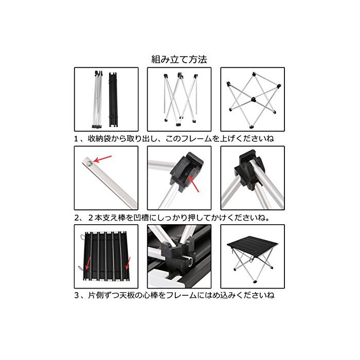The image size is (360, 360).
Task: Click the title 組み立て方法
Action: (179, 60)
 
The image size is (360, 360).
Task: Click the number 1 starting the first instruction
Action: (76, 139)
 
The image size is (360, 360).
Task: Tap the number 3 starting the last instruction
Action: (77, 295)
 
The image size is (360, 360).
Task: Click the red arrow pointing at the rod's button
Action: (102, 159)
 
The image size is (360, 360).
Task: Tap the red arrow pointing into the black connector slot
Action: (193, 184)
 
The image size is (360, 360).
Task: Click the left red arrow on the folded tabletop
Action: (87, 263)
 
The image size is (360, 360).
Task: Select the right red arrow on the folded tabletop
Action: (128, 263)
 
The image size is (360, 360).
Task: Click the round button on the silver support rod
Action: (89, 163)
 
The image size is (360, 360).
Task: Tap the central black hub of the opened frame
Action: (253, 99)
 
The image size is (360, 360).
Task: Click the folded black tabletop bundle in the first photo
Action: (113, 100)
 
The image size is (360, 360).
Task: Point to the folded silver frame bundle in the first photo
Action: (97, 99)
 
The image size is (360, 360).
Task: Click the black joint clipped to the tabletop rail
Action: (177, 256)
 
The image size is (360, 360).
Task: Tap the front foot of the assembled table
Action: (254, 281)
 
